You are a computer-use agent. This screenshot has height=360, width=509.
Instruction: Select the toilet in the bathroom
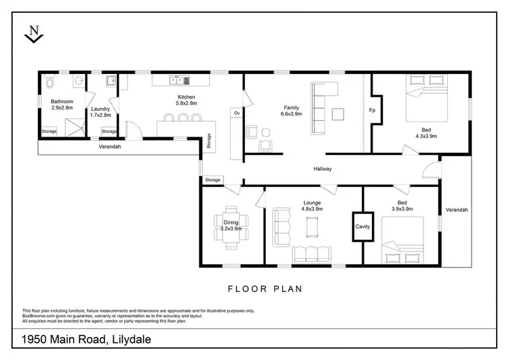click(x=49, y=84)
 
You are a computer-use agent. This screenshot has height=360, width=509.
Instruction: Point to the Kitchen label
click(x=186, y=101)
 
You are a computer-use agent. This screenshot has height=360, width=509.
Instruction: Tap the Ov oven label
click(x=237, y=113)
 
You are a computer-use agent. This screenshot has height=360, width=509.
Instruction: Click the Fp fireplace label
click(x=372, y=110)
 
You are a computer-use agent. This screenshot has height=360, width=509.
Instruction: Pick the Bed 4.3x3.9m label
click(x=425, y=133)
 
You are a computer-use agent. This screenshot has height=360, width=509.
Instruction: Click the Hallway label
click(x=322, y=169)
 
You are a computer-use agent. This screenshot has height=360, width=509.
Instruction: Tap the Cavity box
click(x=363, y=227)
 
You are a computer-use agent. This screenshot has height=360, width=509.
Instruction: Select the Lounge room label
click(x=313, y=206)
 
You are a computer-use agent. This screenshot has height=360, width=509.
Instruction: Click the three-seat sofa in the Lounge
click(x=312, y=255)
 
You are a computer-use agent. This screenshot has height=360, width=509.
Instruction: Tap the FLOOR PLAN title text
click(x=254, y=289)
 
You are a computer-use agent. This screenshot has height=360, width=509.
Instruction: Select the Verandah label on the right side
click(x=456, y=210)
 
